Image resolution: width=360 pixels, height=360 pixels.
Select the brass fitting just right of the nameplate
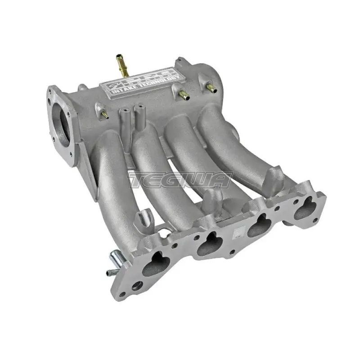(184, 94)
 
